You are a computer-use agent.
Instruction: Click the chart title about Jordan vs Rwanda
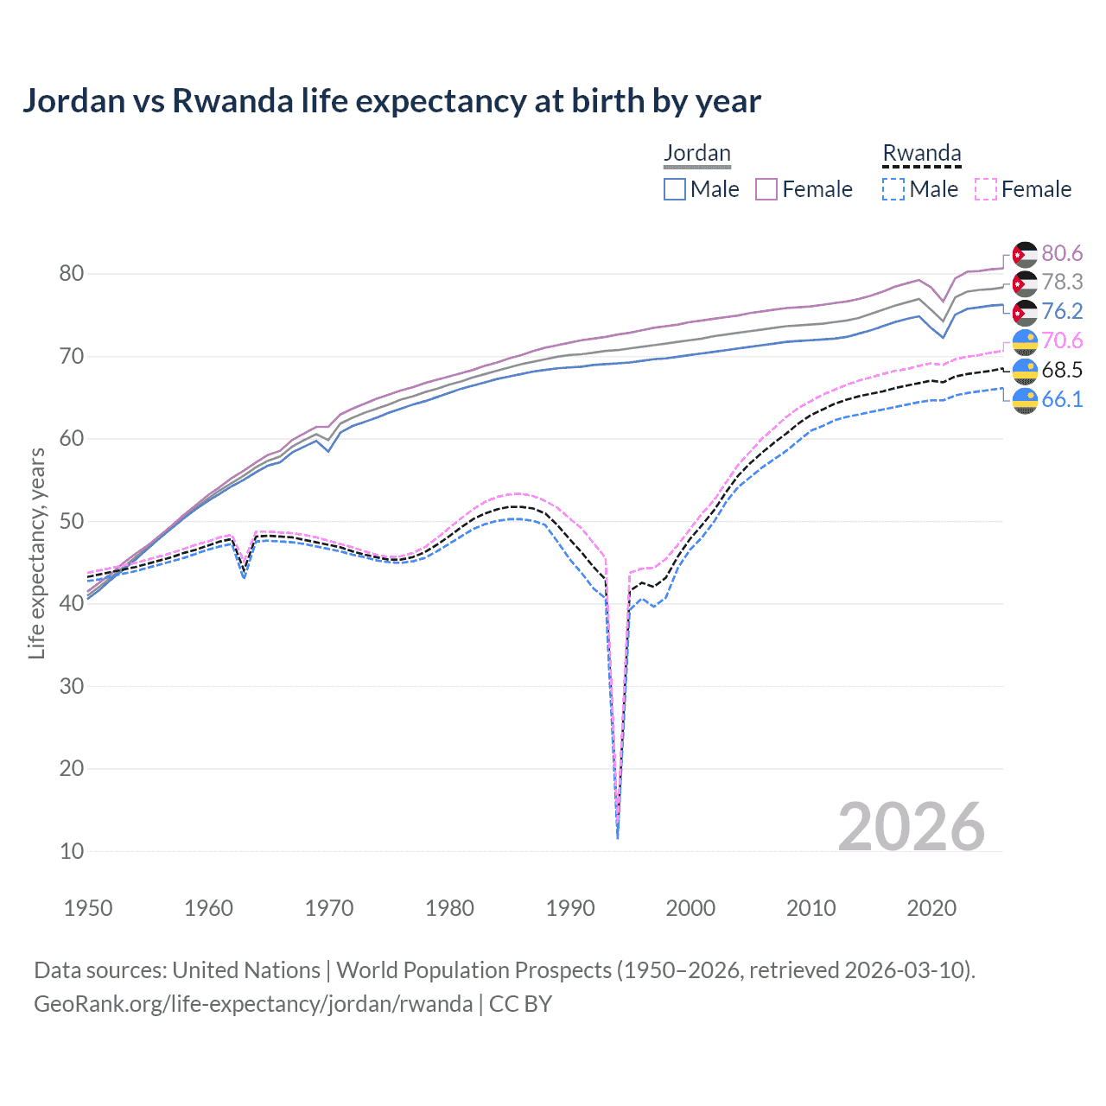click(391, 101)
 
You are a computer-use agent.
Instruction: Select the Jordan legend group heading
click(696, 154)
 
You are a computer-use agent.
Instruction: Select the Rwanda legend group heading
click(921, 154)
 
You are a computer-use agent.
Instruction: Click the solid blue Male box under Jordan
click(675, 189)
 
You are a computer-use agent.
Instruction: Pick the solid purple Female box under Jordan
click(766, 189)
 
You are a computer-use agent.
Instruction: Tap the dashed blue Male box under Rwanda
click(893, 189)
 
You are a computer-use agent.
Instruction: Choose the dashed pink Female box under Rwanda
click(985, 189)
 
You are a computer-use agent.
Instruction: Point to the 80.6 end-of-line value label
click(1062, 253)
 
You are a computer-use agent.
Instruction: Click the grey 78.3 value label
click(1062, 282)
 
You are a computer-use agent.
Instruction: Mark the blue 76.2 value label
click(1062, 311)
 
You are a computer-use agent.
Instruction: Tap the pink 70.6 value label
click(1062, 340)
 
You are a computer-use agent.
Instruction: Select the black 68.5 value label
click(1062, 370)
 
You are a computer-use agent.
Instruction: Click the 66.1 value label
click(1062, 399)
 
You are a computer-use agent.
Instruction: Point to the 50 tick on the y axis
click(72, 521)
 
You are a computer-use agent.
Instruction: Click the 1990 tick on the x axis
click(570, 908)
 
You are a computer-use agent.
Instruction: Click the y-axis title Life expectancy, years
click(37, 553)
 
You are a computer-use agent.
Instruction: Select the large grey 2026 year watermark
click(912, 827)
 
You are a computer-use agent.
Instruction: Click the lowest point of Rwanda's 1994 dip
click(617, 836)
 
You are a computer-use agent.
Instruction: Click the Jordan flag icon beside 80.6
click(1025, 254)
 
